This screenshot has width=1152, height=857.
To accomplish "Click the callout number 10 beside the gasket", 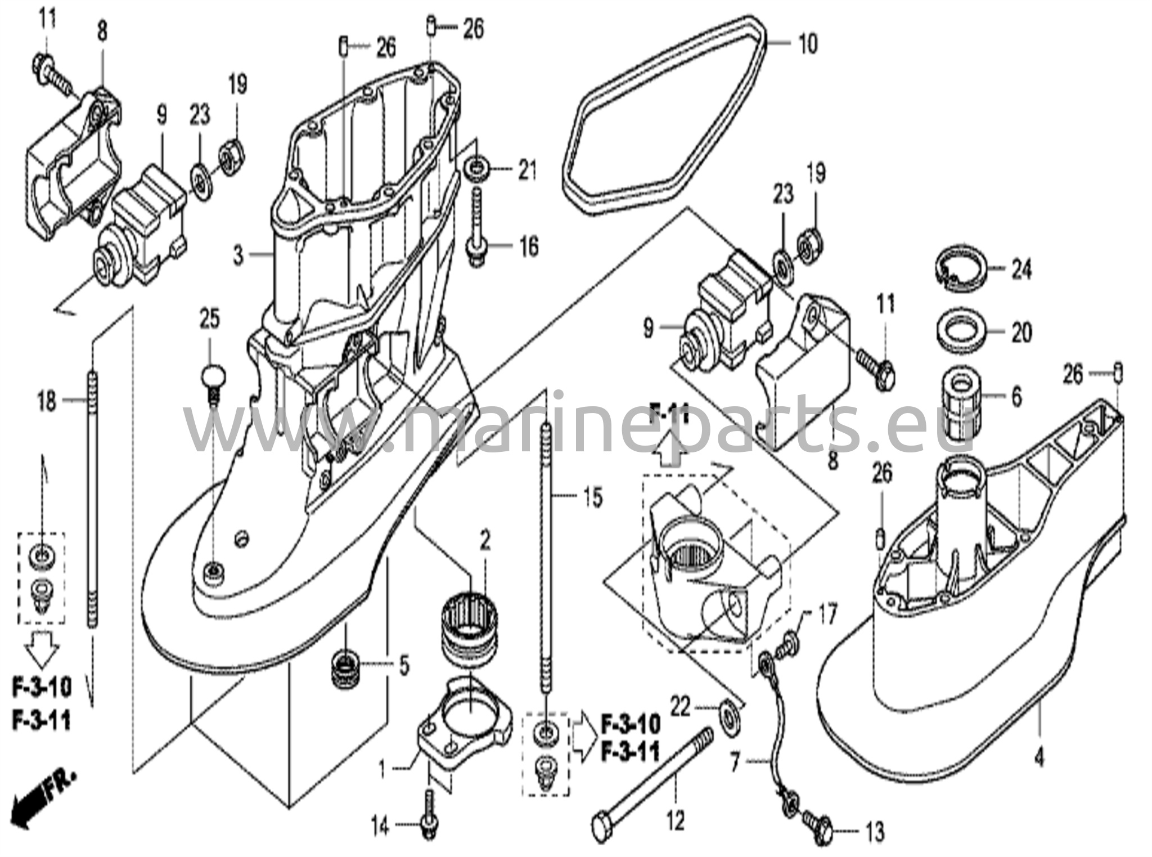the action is click(808, 44).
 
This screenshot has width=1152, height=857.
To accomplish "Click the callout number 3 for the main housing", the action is click(238, 256).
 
